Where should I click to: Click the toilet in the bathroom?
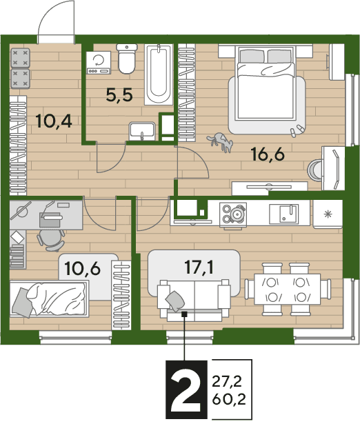[x=127, y=59]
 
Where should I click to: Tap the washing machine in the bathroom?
[x=99, y=63]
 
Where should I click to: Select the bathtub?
[x=159, y=74]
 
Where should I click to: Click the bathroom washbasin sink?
[x=142, y=131]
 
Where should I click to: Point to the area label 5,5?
[x=119, y=96]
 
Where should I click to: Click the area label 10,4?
[x=54, y=121]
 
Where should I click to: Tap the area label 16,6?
[x=268, y=154]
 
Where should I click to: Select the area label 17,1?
[x=199, y=267]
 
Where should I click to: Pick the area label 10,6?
[x=82, y=269]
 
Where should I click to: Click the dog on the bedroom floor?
[x=221, y=142]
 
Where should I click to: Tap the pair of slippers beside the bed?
[x=297, y=130]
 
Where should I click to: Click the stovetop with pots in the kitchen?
[x=233, y=214]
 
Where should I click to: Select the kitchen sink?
[x=284, y=214]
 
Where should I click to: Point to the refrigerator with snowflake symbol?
[x=328, y=214]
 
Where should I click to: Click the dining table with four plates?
[x=287, y=289]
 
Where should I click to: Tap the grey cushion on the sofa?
[x=175, y=301]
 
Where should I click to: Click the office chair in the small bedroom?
[x=51, y=240]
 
